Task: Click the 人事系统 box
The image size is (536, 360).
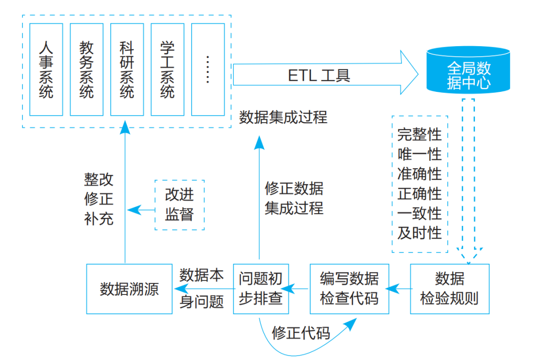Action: point(46,69)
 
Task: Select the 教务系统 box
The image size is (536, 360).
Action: point(86,69)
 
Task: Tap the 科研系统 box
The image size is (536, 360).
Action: point(127,69)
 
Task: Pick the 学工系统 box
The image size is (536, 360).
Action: point(167,69)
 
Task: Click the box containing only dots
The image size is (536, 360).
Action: point(208,69)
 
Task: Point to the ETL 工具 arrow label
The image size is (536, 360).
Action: point(319,75)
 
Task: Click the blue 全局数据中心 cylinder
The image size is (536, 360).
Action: point(469,70)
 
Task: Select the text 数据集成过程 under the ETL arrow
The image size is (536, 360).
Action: point(283,118)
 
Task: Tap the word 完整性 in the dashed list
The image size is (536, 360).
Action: point(419,134)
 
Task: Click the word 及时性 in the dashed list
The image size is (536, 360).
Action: point(419,233)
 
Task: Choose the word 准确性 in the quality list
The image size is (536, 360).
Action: point(419,174)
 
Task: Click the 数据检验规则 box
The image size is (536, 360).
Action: point(449,288)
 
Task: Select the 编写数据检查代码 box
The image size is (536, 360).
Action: point(349,288)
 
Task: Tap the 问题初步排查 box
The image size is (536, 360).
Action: point(261,288)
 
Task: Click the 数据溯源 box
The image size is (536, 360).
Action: point(129,288)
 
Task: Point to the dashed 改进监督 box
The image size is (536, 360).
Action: point(179,205)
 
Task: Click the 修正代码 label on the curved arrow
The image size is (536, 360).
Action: point(301,333)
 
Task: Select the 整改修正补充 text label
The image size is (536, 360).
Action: point(99,199)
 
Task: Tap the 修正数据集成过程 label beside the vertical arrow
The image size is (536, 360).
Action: point(294,198)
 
